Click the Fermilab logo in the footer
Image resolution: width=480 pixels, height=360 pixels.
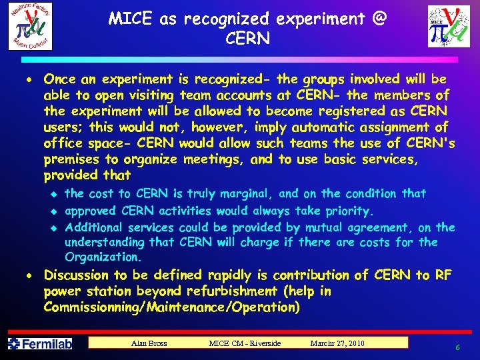click(40, 344)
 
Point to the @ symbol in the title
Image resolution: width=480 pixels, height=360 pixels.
click(379, 19)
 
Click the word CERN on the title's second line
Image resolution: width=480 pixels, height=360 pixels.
click(248, 39)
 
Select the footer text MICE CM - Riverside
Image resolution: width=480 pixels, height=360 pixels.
click(245, 343)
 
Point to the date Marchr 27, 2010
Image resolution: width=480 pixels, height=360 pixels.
click(337, 343)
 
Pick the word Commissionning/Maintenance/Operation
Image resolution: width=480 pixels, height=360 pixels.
click(171, 307)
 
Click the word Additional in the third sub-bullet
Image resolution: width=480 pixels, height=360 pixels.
click(93, 227)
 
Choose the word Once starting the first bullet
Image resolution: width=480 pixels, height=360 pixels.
click(59, 79)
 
